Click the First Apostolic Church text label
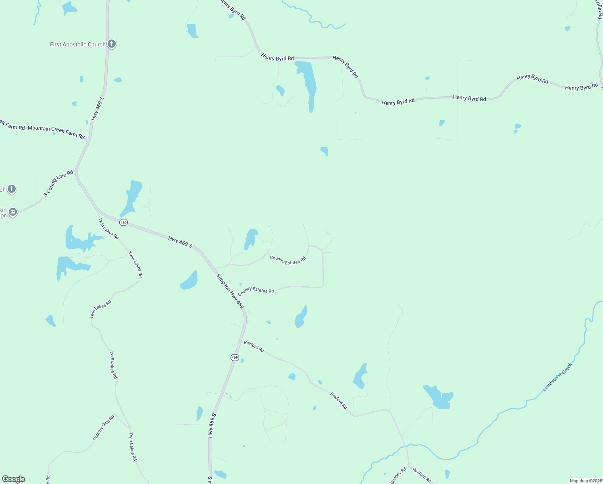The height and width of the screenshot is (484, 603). pos(77,45)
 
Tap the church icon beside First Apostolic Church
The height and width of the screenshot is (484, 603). pos(112,44)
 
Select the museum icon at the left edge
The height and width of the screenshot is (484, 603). pos(13,212)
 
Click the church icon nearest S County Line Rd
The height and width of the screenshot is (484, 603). pos(12,189)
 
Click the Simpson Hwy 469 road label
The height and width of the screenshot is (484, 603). pos(230,292)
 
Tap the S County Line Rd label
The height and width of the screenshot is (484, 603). pos(58,184)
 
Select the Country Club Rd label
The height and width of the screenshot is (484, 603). pos(104,428)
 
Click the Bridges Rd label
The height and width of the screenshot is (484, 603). pos(398,476)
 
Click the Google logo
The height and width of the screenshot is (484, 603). pos(14,479)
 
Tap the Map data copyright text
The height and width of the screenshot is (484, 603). pos(586,481)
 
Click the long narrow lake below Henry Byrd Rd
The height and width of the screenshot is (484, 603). pos(308,85)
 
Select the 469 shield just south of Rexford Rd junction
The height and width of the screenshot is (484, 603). pos(235,358)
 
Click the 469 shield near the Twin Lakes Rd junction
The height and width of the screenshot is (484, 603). pos(123,223)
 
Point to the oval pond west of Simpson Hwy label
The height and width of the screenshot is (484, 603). pos(189,281)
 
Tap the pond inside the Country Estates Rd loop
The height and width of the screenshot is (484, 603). pos(251,239)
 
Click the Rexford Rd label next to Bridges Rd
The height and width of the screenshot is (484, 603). pos(422,475)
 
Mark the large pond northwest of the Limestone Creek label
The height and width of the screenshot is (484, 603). pos(439,397)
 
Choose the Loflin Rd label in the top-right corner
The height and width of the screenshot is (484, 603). pos(599,10)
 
